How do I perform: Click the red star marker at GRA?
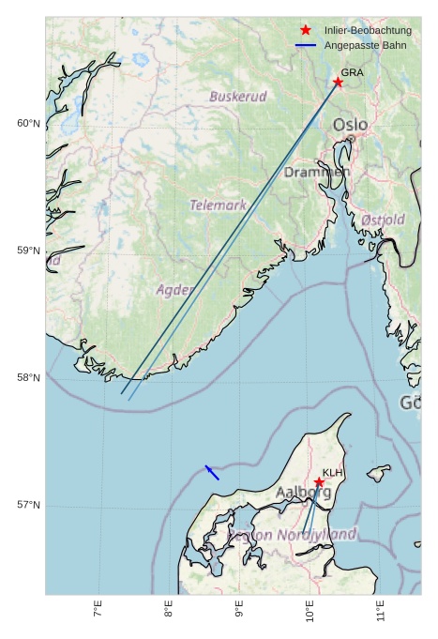click(338, 83)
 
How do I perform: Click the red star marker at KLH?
click(319, 482)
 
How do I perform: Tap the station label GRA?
click(352, 72)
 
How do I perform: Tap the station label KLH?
click(333, 473)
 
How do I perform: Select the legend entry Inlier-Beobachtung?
click(368, 31)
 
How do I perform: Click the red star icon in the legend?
click(306, 31)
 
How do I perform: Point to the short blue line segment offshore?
click(212, 473)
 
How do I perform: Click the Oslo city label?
click(351, 125)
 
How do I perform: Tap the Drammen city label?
click(317, 173)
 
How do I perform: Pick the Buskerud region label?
click(238, 97)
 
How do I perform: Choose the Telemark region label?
click(218, 205)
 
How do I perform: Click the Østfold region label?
click(383, 220)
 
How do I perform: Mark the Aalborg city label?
click(303, 492)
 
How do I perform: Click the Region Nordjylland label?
click(292, 535)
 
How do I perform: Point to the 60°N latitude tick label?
click(28, 124)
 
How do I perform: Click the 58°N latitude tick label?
click(28, 378)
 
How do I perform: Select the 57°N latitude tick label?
click(28, 505)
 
